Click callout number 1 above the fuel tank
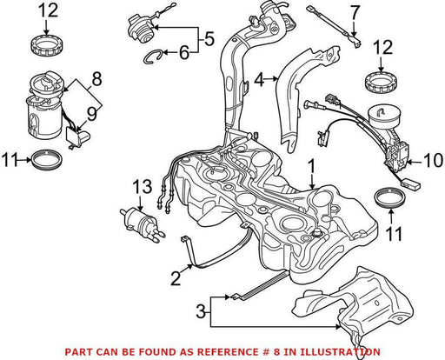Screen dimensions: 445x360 click(311, 168)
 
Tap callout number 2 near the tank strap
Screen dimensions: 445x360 click(176, 277)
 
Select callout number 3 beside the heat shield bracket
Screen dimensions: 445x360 click(202, 312)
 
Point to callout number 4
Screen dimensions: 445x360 click(260, 79)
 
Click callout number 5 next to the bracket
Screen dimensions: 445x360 click(209, 38)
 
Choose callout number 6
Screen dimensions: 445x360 click(184, 52)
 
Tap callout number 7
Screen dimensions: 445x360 click(355, 14)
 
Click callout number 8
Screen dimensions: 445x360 click(96, 78)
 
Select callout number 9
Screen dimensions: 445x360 click(92, 114)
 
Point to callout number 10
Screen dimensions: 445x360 click(433, 160)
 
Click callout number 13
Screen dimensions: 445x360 click(143, 186)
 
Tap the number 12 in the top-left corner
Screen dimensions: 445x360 click(48, 10)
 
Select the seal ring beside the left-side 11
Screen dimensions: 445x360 click(47, 159)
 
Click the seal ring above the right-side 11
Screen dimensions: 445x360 click(390, 198)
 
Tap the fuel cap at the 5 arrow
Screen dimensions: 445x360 click(141, 29)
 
